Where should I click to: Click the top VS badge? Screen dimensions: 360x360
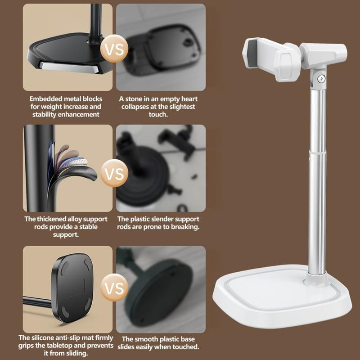coord(114,49)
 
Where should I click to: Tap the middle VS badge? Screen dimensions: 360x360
coord(114,173)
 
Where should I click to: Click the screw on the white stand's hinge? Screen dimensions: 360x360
coord(321,78)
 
